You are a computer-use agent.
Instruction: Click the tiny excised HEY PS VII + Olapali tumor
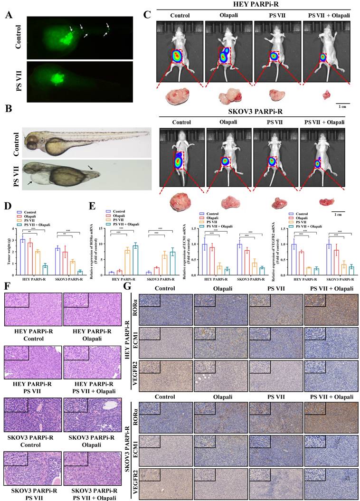(x=326, y=95)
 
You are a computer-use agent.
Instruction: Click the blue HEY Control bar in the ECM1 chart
(x=205, y=254)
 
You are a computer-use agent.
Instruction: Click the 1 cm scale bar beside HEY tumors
(x=344, y=103)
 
